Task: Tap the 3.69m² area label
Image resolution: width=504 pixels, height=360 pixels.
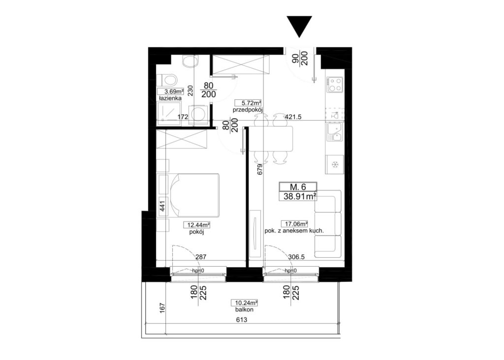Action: pos(170,91)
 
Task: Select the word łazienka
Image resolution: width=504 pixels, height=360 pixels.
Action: pos(170,98)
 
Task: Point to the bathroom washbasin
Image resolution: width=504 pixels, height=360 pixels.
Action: pos(189,61)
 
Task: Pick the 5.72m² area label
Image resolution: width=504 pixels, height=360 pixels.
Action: pos(248,103)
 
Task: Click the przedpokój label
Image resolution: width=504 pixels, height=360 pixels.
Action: pos(248,110)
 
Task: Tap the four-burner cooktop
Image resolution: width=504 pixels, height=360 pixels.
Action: pos(335,85)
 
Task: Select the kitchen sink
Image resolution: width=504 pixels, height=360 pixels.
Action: pos(335,132)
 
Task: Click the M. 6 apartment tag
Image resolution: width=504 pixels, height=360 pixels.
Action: pos(298,186)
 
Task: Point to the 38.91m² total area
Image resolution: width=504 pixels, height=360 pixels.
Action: pos(299,196)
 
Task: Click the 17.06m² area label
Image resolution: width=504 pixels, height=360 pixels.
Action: pos(295,223)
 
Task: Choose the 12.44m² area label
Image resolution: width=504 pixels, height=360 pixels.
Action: pos(197,225)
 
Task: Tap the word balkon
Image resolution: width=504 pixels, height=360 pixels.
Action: pos(244,309)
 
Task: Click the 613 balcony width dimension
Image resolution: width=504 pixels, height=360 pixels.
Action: pos(242,320)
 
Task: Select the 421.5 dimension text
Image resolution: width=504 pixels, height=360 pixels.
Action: pos(293,117)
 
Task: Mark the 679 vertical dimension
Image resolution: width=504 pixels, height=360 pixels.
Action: pos(260,169)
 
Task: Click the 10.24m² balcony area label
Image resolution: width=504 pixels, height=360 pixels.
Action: pos(245,302)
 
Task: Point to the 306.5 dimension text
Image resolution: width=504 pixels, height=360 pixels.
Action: pos(296,257)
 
